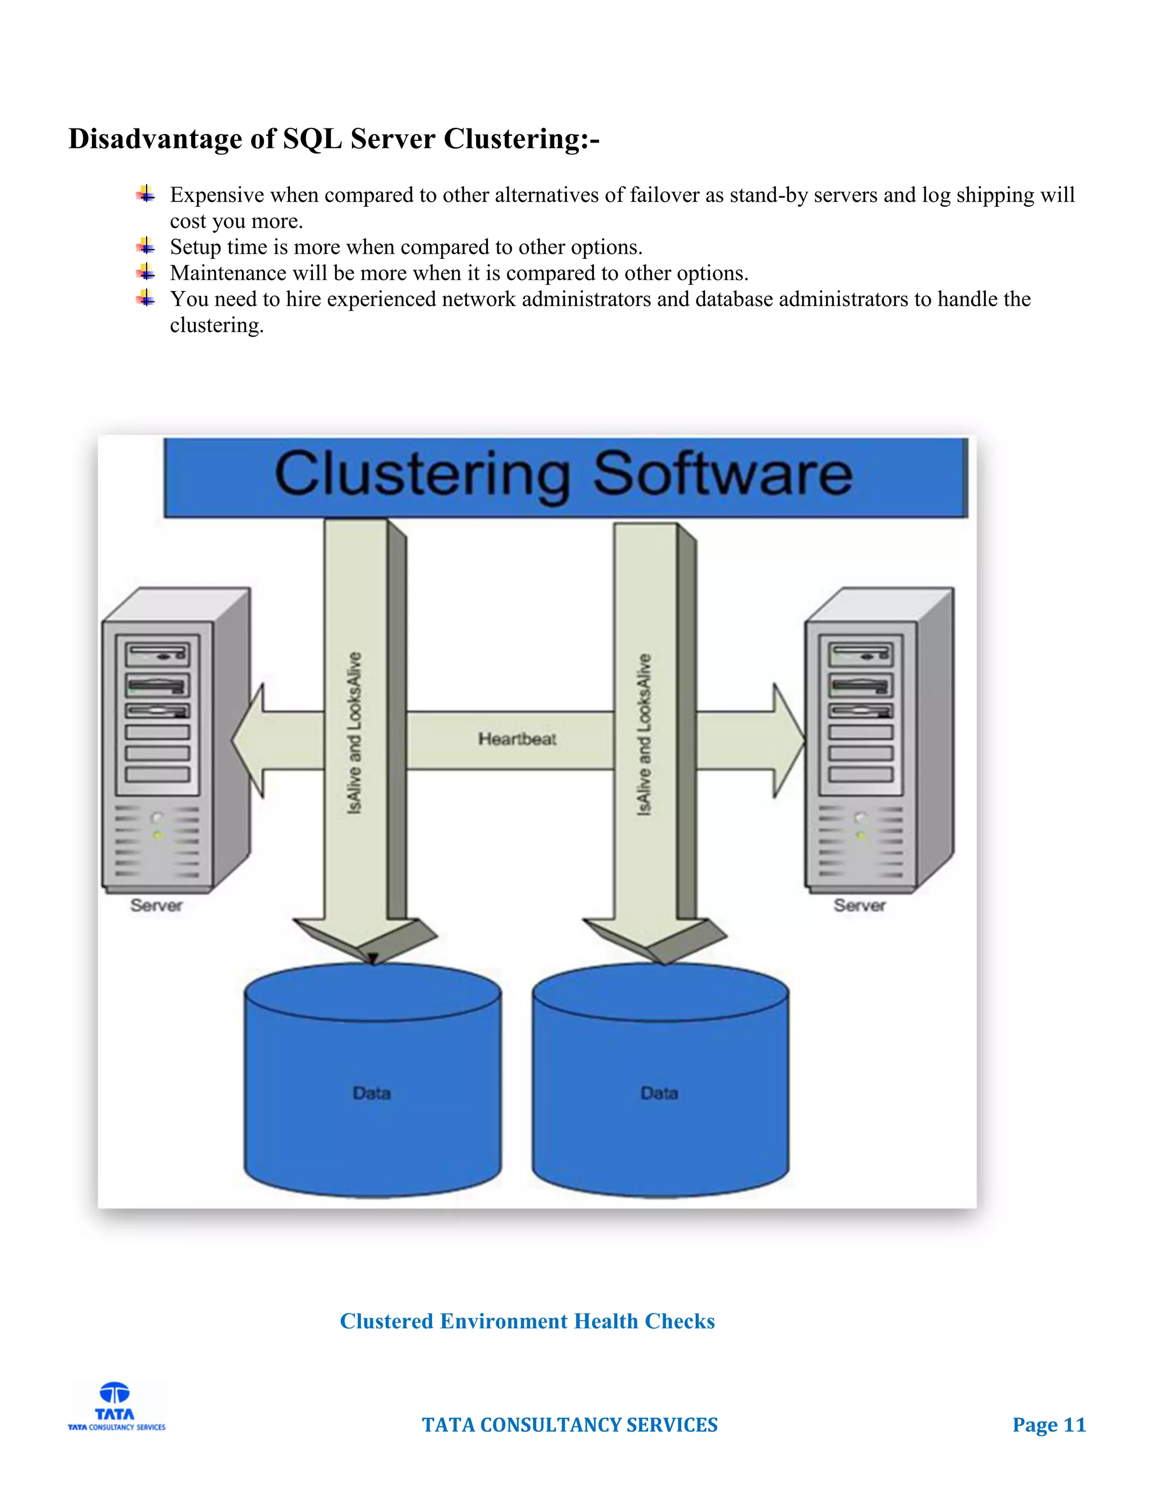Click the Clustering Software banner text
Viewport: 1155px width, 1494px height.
563,474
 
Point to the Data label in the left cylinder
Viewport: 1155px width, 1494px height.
372,1093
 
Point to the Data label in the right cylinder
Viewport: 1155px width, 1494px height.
659,1093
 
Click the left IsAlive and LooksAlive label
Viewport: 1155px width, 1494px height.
354,733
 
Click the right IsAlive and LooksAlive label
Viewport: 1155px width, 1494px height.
644,734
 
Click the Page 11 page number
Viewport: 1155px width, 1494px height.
1049,1425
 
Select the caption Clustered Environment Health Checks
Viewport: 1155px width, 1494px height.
527,1321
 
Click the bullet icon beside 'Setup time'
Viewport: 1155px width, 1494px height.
145,246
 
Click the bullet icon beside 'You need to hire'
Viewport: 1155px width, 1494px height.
145,298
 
